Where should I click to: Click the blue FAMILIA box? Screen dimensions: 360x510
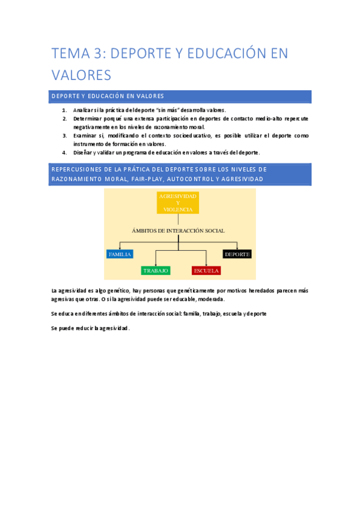(120, 254)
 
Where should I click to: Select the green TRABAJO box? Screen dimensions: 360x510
(156, 271)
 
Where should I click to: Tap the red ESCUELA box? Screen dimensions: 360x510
(206, 271)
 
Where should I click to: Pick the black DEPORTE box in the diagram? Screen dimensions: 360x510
(237, 254)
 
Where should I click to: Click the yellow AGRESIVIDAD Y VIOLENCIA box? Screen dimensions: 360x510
(178, 203)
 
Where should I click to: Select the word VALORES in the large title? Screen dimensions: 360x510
(82, 75)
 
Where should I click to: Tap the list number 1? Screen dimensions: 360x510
(64, 111)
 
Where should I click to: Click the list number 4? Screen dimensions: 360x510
(64, 153)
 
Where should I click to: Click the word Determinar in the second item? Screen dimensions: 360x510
(88, 119)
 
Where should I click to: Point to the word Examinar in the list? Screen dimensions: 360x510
(86, 136)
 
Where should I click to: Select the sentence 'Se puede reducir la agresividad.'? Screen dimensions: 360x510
(91, 328)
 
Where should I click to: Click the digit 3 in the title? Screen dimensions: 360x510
(98, 54)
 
